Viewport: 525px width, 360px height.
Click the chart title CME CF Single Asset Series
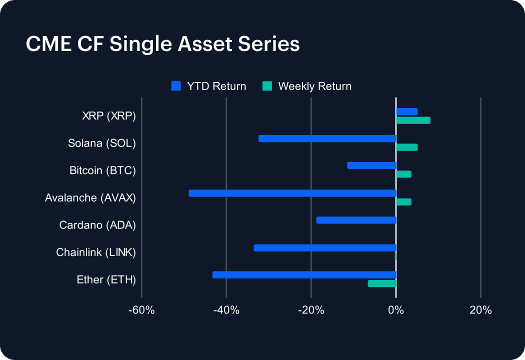(x=162, y=44)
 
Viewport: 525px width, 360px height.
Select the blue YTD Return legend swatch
(x=175, y=86)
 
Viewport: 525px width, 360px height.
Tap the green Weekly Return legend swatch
(x=267, y=86)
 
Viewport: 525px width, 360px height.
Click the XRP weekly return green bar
(x=413, y=120)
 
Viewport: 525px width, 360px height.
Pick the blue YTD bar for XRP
(x=406, y=111)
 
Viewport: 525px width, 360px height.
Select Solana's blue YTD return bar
(x=327, y=138)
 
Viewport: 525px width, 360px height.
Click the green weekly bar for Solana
(x=406, y=147)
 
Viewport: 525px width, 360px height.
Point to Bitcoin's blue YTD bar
(x=371, y=165)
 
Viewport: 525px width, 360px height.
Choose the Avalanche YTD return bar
(x=292, y=193)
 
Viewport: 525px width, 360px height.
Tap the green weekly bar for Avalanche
(x=403, y=201)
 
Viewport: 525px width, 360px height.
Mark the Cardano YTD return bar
(x=356, y=220)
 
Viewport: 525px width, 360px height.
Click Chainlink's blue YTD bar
(x=325, y=247)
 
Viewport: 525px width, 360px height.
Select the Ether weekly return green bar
(x=382, y=283)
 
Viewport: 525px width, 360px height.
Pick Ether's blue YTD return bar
(x=304, y=274)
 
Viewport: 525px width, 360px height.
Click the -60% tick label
(x=141, y=310)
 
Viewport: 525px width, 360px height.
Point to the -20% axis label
(x=311, y=310)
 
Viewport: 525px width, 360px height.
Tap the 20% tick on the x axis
(x=480, y=310)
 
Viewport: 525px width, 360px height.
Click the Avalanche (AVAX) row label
(x=90, y=198)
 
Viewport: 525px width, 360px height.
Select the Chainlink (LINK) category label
(x=96, y=252)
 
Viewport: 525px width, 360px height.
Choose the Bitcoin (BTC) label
(x=102, y=170)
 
